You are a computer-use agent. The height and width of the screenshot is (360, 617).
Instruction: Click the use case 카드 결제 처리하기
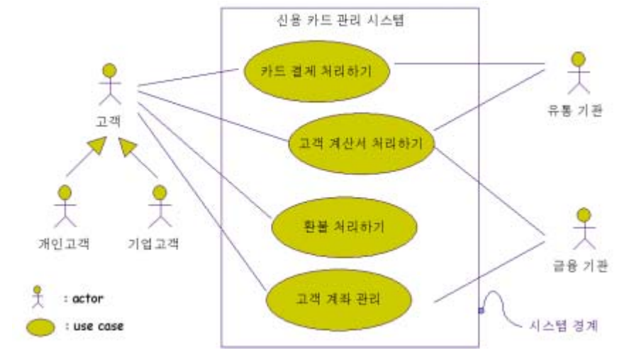[317, 71]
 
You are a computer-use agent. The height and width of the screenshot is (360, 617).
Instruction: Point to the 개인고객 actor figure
[65, 205]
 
